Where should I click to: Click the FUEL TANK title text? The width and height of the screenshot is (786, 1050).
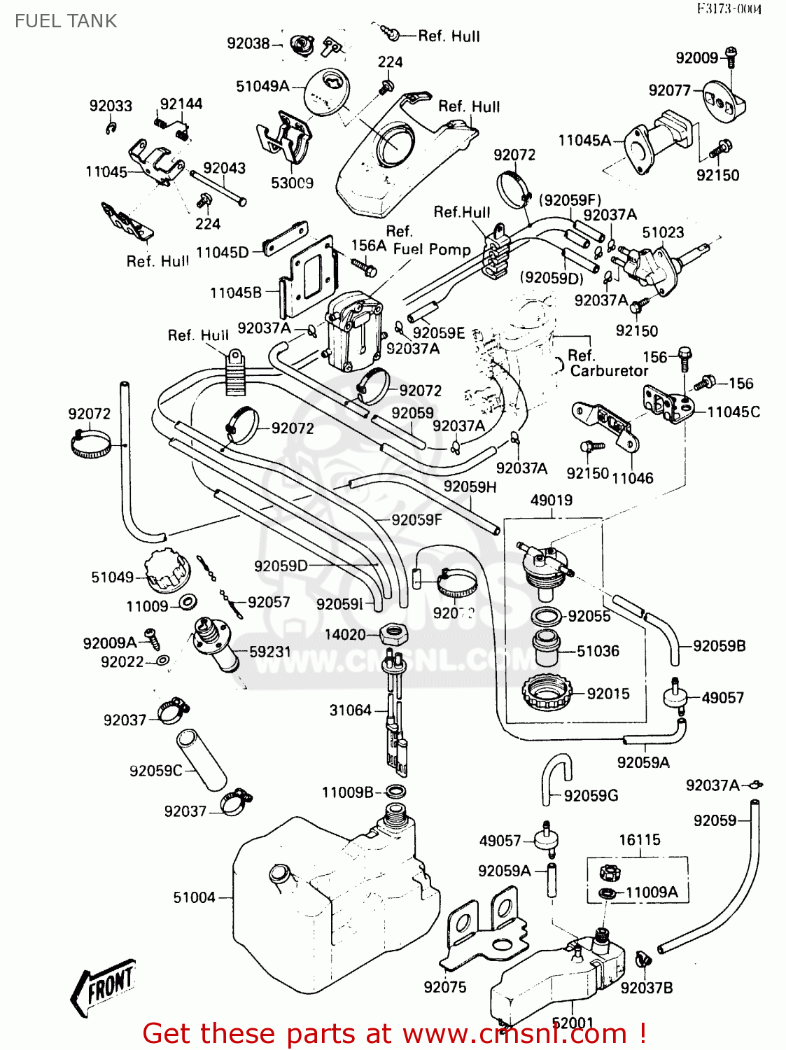coord(66,21)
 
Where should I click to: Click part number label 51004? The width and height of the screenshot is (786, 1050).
coord(194,897)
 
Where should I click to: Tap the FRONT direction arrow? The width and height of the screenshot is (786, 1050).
coord(104,986)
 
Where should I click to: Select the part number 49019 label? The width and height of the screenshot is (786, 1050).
coord(552,500)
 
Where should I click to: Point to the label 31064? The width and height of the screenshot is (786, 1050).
coord(350,710)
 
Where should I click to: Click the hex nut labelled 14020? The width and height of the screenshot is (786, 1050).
coord(393,635)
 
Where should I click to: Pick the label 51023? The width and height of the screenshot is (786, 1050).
coord(663,232)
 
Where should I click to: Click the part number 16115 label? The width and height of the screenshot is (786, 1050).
coord(639,839)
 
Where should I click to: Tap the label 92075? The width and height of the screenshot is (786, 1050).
coord(444,987)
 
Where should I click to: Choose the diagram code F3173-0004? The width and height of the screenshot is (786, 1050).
coord(729,9)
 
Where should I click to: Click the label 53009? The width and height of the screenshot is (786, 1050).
coord(292,183)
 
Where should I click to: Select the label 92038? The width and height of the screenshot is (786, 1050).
coord(248,43)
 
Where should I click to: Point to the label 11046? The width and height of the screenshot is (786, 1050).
coord(632,478)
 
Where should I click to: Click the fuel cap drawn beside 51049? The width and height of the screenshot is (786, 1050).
coord(167,571)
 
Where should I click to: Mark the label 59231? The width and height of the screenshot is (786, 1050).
coord(270,652)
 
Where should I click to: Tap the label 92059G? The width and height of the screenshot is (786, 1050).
coord(591,795)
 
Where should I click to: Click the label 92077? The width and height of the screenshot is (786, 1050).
coord(670,90)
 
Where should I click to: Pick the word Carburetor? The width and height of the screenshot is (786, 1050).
coord(609,370)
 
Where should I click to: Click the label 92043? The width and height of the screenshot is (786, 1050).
coord(224,168)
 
